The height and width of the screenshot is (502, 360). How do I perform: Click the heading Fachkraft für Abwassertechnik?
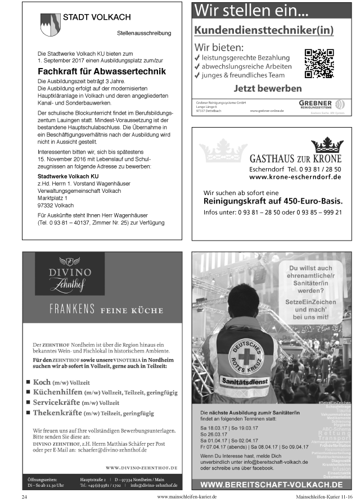(101, 71)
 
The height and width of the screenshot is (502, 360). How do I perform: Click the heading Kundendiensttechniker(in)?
(264, 30)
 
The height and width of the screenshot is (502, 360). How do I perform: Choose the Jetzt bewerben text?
(267, 88)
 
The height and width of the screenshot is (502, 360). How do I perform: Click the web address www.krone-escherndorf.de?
(295, 177)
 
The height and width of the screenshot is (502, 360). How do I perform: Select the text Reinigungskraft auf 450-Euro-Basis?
(273, 201)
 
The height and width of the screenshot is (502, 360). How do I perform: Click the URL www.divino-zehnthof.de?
(141, 467)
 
